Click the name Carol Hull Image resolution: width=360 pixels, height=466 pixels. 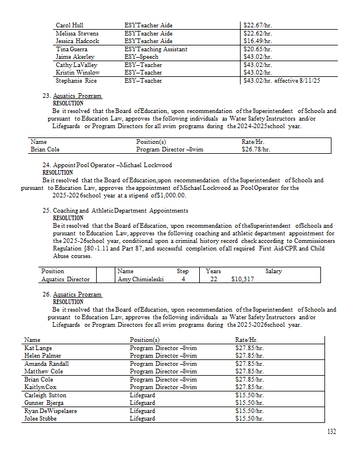(x=69, y=26)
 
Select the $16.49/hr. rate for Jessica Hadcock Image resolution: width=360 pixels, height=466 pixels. (x=257, y=41)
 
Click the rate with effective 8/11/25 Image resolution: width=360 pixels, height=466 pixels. (x=282, y=81)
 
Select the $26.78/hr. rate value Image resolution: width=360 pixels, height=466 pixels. (x=256, y=149)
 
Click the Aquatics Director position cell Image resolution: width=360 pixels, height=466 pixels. (x=65, y=279)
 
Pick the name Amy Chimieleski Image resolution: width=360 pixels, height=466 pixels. (x=140, y=279)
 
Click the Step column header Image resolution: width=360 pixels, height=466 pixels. (x=183, y=271)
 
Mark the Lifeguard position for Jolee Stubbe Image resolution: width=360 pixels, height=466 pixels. (x=142, y=418)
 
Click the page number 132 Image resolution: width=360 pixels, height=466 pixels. (x=331, y=432)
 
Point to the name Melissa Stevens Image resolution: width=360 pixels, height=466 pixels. (x=77, y=34)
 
